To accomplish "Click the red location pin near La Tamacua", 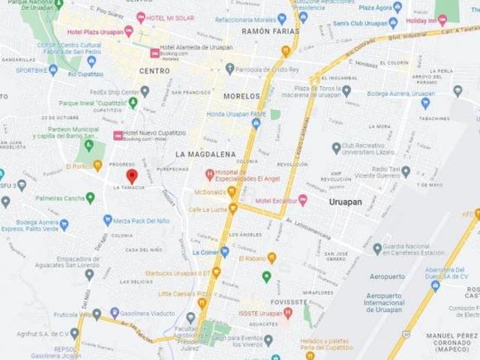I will pos(132,177).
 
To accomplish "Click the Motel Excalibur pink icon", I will pos(303,200).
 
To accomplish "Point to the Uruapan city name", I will pos(349,202).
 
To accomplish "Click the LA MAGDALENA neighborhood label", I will pos(205,153).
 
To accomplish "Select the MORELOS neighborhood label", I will pos(241,97).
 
